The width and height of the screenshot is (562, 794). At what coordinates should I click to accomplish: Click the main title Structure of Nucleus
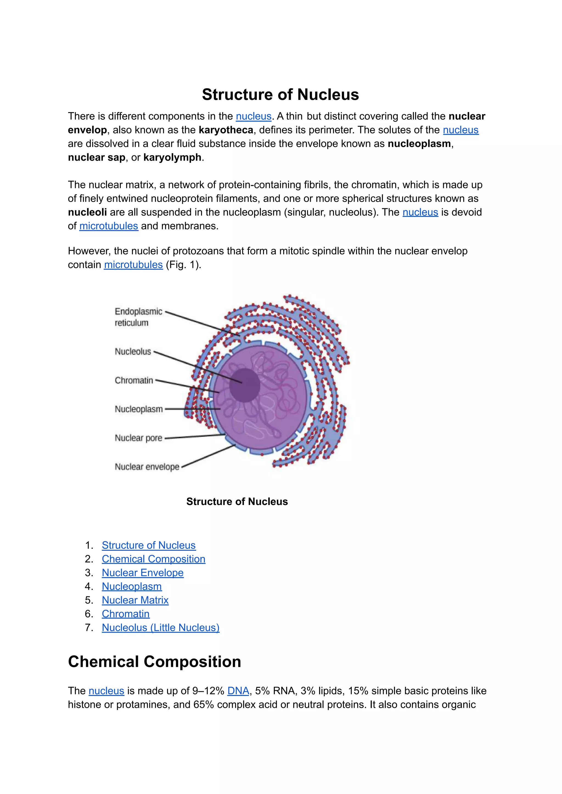click(x=280, y=94)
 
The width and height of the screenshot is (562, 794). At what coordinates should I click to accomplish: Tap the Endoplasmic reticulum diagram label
click(x=138, y=317)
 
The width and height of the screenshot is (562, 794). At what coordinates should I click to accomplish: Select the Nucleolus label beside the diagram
click(x=133, y=352)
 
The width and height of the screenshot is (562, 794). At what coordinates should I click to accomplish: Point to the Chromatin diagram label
click(x=134, y=380)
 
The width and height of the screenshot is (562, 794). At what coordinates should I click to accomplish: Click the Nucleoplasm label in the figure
click(x=139, y=409)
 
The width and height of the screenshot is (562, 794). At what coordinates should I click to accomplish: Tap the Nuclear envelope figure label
click(x=147, y=467)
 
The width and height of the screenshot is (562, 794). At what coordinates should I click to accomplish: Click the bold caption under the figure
click(x=237, y=501)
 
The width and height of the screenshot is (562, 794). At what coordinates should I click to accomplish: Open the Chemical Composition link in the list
click(x=153, y=559)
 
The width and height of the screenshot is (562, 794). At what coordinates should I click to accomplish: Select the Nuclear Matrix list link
click(x=135, y=600)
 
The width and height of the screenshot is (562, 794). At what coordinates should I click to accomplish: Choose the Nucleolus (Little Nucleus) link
click(x=161, y=627)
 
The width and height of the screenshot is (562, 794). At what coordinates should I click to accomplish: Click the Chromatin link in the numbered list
click(x=126, y=614)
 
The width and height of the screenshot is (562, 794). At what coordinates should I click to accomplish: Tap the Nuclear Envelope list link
click(x=143, y=573)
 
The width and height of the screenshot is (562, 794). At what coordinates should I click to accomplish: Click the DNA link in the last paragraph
click(x=238, y=691)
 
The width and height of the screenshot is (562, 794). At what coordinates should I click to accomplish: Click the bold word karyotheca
click(x=226, y=130)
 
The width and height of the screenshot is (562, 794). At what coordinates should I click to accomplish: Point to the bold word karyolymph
click(x=172, y=158)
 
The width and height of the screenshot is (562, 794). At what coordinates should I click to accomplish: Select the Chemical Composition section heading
click(x=154, y=662)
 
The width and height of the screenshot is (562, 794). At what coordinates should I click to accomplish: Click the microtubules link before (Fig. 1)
click(x=133, y=265)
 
